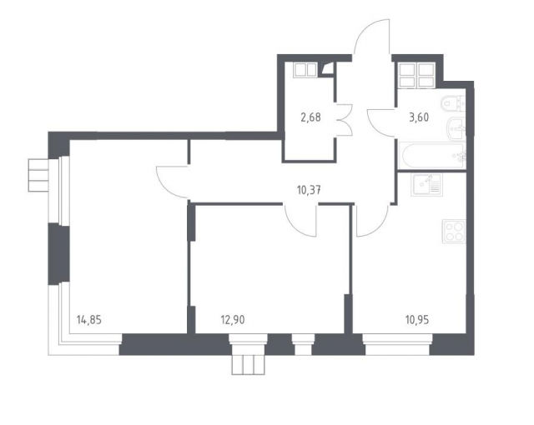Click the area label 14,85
(89, 320)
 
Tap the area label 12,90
(233, 320)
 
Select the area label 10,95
(417, 320)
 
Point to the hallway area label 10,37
(309, 190)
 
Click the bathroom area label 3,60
(419, 117)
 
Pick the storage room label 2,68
(310, 117)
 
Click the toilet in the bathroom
(453, 102)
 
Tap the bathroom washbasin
(456, 128)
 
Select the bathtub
(432, 156)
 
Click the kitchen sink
(426, 185)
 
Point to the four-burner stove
(454, 232)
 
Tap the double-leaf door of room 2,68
(344, 120)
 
